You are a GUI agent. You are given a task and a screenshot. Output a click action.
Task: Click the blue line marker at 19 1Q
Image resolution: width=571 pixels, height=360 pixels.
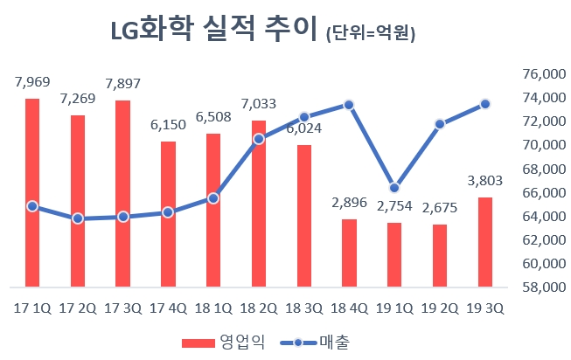(394, 188)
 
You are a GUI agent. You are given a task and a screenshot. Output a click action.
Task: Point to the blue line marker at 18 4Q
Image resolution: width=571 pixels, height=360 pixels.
(349, 105)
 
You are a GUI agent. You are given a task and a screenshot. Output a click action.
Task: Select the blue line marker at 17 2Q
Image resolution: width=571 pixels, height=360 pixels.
(78, 218)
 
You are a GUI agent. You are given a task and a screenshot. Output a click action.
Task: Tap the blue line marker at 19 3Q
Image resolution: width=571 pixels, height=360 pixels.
(485, 104)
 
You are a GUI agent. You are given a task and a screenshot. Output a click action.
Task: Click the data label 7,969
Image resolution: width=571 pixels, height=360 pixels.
(32, 83)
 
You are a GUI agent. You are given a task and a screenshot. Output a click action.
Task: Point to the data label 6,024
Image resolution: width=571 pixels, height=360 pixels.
(303, 129)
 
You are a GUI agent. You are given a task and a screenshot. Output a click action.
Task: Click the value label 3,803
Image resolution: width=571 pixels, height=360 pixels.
(485, 182)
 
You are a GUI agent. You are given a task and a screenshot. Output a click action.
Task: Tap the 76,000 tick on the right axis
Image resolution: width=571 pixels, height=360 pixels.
(543, 74)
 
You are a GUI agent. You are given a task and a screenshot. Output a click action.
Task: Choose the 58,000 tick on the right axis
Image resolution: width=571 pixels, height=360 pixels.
(543, 287)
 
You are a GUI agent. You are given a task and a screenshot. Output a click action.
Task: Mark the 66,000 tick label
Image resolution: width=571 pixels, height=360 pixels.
(543, 192)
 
